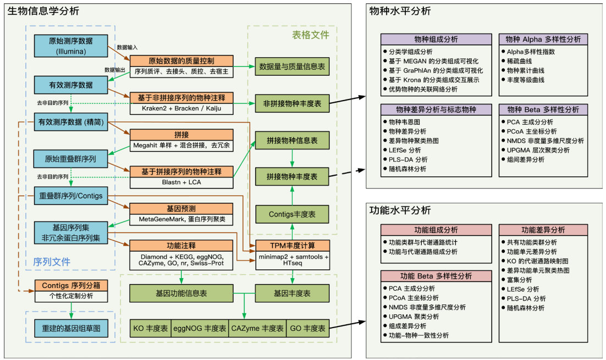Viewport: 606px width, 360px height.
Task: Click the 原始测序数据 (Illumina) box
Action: pyautogui.click(x=71, y=46)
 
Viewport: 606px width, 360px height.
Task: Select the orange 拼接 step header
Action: pyautogui.click(x=181, y=135)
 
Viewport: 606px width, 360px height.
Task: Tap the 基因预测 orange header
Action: pyautogui.click(x=181, y=209)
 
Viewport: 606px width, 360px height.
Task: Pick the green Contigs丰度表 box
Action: pyautogui.click(x=291, y=214)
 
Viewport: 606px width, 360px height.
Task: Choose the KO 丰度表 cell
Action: pyautogui.click(x=151, y=329)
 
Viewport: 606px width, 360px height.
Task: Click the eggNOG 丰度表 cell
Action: pyautogui.click(x=200, y=329)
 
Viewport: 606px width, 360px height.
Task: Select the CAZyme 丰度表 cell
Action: pyautogui.click(x=257, y=329)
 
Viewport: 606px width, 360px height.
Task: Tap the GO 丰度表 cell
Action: pyautogui.click(x=307, y=329)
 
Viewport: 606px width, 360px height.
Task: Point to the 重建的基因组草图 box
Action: pyautogui.click(x=71, y=329)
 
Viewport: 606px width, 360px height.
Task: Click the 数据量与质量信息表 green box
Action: pyautogui.click(x=291, y=65)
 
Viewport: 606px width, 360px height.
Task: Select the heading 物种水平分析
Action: pyautogui.click(x=400, y=11)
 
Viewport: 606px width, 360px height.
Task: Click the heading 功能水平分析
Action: pyautogui.click(x=400, y=210)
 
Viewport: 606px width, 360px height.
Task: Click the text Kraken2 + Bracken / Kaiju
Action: pyautogui.click(x=181, y=108)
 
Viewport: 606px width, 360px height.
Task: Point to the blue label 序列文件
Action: pyautogui.click(x=52, y=262)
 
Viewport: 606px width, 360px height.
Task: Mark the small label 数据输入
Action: pyautogui.click(x=128, y=47)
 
